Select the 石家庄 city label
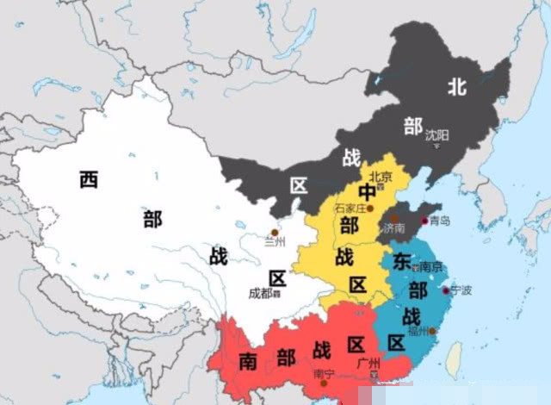tap(350, 208)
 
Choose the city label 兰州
tap(275, 243)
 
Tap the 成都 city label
tap(262, 293)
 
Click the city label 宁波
tap(461, 290)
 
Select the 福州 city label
tap(420, 330)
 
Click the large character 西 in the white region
tap(88, 180)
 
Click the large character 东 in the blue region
tap(402, 260)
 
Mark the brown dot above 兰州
tap(275, 232)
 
